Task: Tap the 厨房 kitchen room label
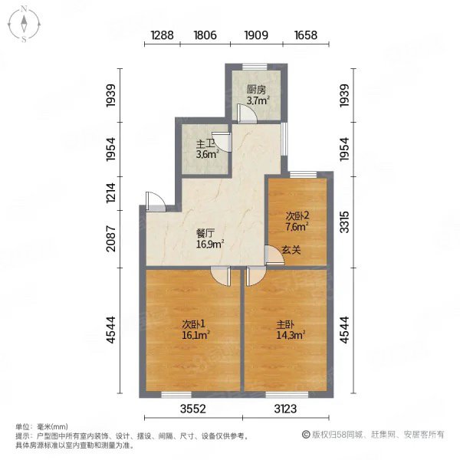(x=256, y=90)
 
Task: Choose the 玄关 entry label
(x=290, y=250)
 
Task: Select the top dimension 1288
(x=163, y=34)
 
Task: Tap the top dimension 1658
(x=306, y=34)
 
